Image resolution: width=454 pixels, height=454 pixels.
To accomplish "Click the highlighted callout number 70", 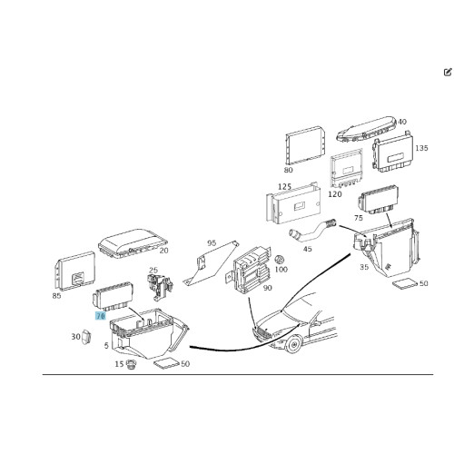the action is point(101,316).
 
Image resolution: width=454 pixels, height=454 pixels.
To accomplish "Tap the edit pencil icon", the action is point(448,72).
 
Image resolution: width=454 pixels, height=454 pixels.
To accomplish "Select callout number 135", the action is point(421,148).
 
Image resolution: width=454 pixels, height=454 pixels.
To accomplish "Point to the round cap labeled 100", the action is point(279,260).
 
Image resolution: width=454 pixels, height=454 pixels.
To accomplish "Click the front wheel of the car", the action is point(293,344).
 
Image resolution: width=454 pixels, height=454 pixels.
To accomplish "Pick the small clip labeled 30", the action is point(87,337).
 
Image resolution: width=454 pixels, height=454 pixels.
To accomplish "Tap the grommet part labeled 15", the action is point(131,364).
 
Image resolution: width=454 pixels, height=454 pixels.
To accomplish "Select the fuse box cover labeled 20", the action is point(133,243).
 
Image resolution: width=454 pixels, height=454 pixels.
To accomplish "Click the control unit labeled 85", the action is point(74,270).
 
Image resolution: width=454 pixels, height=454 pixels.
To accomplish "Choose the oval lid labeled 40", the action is point(367,129).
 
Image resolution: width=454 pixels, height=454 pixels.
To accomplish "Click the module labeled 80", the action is point(306,145).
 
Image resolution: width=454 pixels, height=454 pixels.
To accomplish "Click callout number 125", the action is point(284,186).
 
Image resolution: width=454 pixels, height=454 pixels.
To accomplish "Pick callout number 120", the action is point(335,194).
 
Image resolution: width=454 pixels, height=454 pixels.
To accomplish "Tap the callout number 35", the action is point(364,267).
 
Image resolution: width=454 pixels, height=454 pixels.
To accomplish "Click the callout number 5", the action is point(106,345).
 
